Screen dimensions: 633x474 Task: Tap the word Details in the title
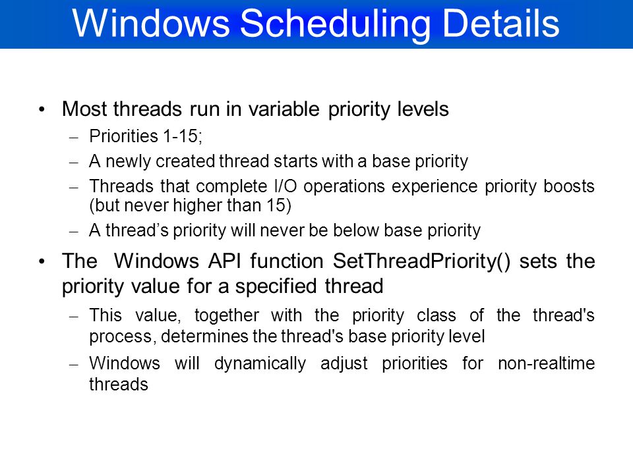click(x=501, y=24)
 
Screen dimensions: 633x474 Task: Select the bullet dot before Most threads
click(x=42, y=109)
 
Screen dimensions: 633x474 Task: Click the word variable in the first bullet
click(x=284, y=109)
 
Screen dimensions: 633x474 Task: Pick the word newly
click(x=128, y=162)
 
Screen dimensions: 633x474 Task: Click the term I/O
click(x=286, y=186)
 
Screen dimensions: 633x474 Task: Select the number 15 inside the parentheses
click(x=276, y=205)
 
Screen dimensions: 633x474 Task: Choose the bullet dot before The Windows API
click(x=42, y=261)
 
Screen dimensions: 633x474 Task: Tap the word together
click(x=226, y=315)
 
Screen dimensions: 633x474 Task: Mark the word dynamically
click(x=260, y=363)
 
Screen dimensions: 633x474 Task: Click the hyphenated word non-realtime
click(x=546, y=363)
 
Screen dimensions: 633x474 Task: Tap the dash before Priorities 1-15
click(x=73, y=138)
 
